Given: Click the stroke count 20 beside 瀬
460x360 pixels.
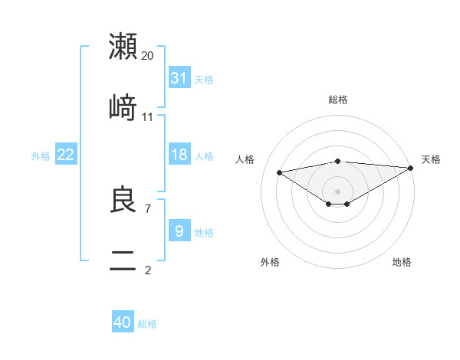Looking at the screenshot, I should (x=147, y=56).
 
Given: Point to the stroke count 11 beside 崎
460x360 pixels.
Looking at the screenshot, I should (x=147, y=117).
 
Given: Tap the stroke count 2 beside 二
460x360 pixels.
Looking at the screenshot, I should (x=147, y=270).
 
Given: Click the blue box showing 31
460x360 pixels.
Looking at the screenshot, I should (x=179, y=78).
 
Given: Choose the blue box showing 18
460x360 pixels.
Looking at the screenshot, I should (x=179, y=155).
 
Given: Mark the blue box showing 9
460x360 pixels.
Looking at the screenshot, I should (x=179, y=231).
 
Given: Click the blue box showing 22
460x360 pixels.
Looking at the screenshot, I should (x=66, y=155).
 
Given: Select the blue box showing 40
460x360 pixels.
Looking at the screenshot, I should (x=123, y=322).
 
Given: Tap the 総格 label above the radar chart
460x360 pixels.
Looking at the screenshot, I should (x=338, y=100).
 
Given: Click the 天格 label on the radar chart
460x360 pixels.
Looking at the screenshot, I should (x=431, y=159).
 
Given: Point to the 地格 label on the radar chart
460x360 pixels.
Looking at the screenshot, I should (x=402, y=262).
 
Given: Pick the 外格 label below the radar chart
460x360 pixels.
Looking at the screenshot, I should (x=270, y=262).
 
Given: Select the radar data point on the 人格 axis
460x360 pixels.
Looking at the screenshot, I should (x=279, y=172).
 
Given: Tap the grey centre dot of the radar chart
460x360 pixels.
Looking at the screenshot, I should (x=337, y=191).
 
